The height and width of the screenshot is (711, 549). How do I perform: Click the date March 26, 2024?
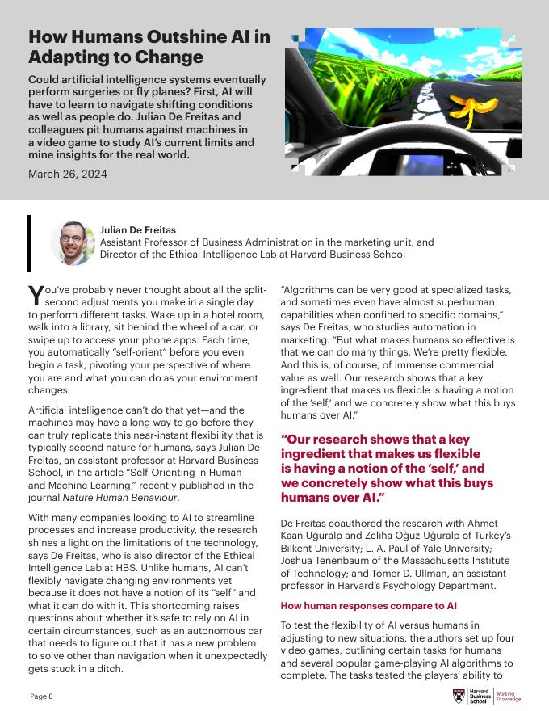67,174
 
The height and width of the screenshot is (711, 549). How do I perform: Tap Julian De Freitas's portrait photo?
73,242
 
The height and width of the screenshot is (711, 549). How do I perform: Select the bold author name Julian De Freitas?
138,230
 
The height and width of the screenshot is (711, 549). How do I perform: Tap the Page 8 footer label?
41,696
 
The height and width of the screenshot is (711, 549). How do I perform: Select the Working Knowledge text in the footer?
509,696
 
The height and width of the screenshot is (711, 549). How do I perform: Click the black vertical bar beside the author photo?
29,242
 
